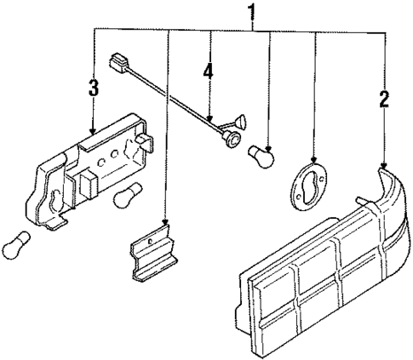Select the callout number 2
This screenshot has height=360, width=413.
pos(385,98)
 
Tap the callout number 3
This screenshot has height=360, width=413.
pos(94,87)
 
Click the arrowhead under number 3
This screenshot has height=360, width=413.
pos(94,132)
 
